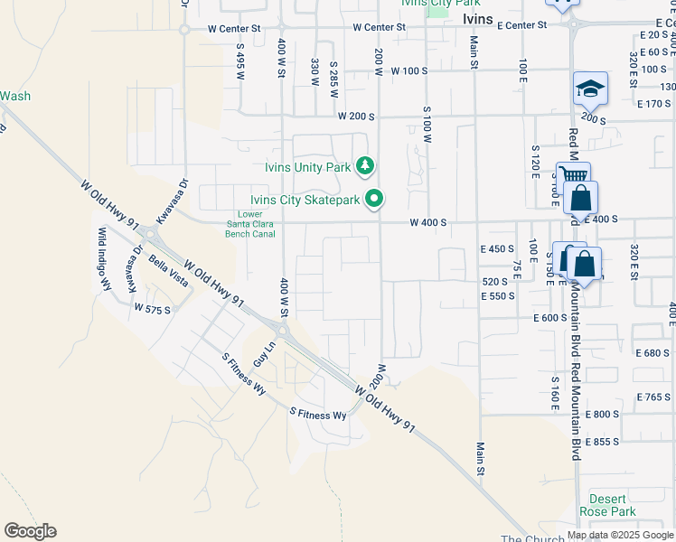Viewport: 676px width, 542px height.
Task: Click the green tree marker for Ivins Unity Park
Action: (x=364, y=166)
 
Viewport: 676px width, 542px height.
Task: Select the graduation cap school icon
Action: (x=589, y=89)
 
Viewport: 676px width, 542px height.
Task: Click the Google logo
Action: (x=30, y=531)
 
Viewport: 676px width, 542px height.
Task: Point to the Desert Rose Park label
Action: (x=612, y=505)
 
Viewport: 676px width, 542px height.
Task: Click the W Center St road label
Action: (x=233, y=28)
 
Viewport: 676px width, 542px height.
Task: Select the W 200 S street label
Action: (x=355, y=117)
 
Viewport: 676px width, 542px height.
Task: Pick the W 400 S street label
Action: (x=429, y=222)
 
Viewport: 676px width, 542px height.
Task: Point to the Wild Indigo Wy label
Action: (x=104, y=258)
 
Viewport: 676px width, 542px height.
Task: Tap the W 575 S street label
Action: (x=152, y=309)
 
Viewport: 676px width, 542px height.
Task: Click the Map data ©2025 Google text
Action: (x=619, y=536)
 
